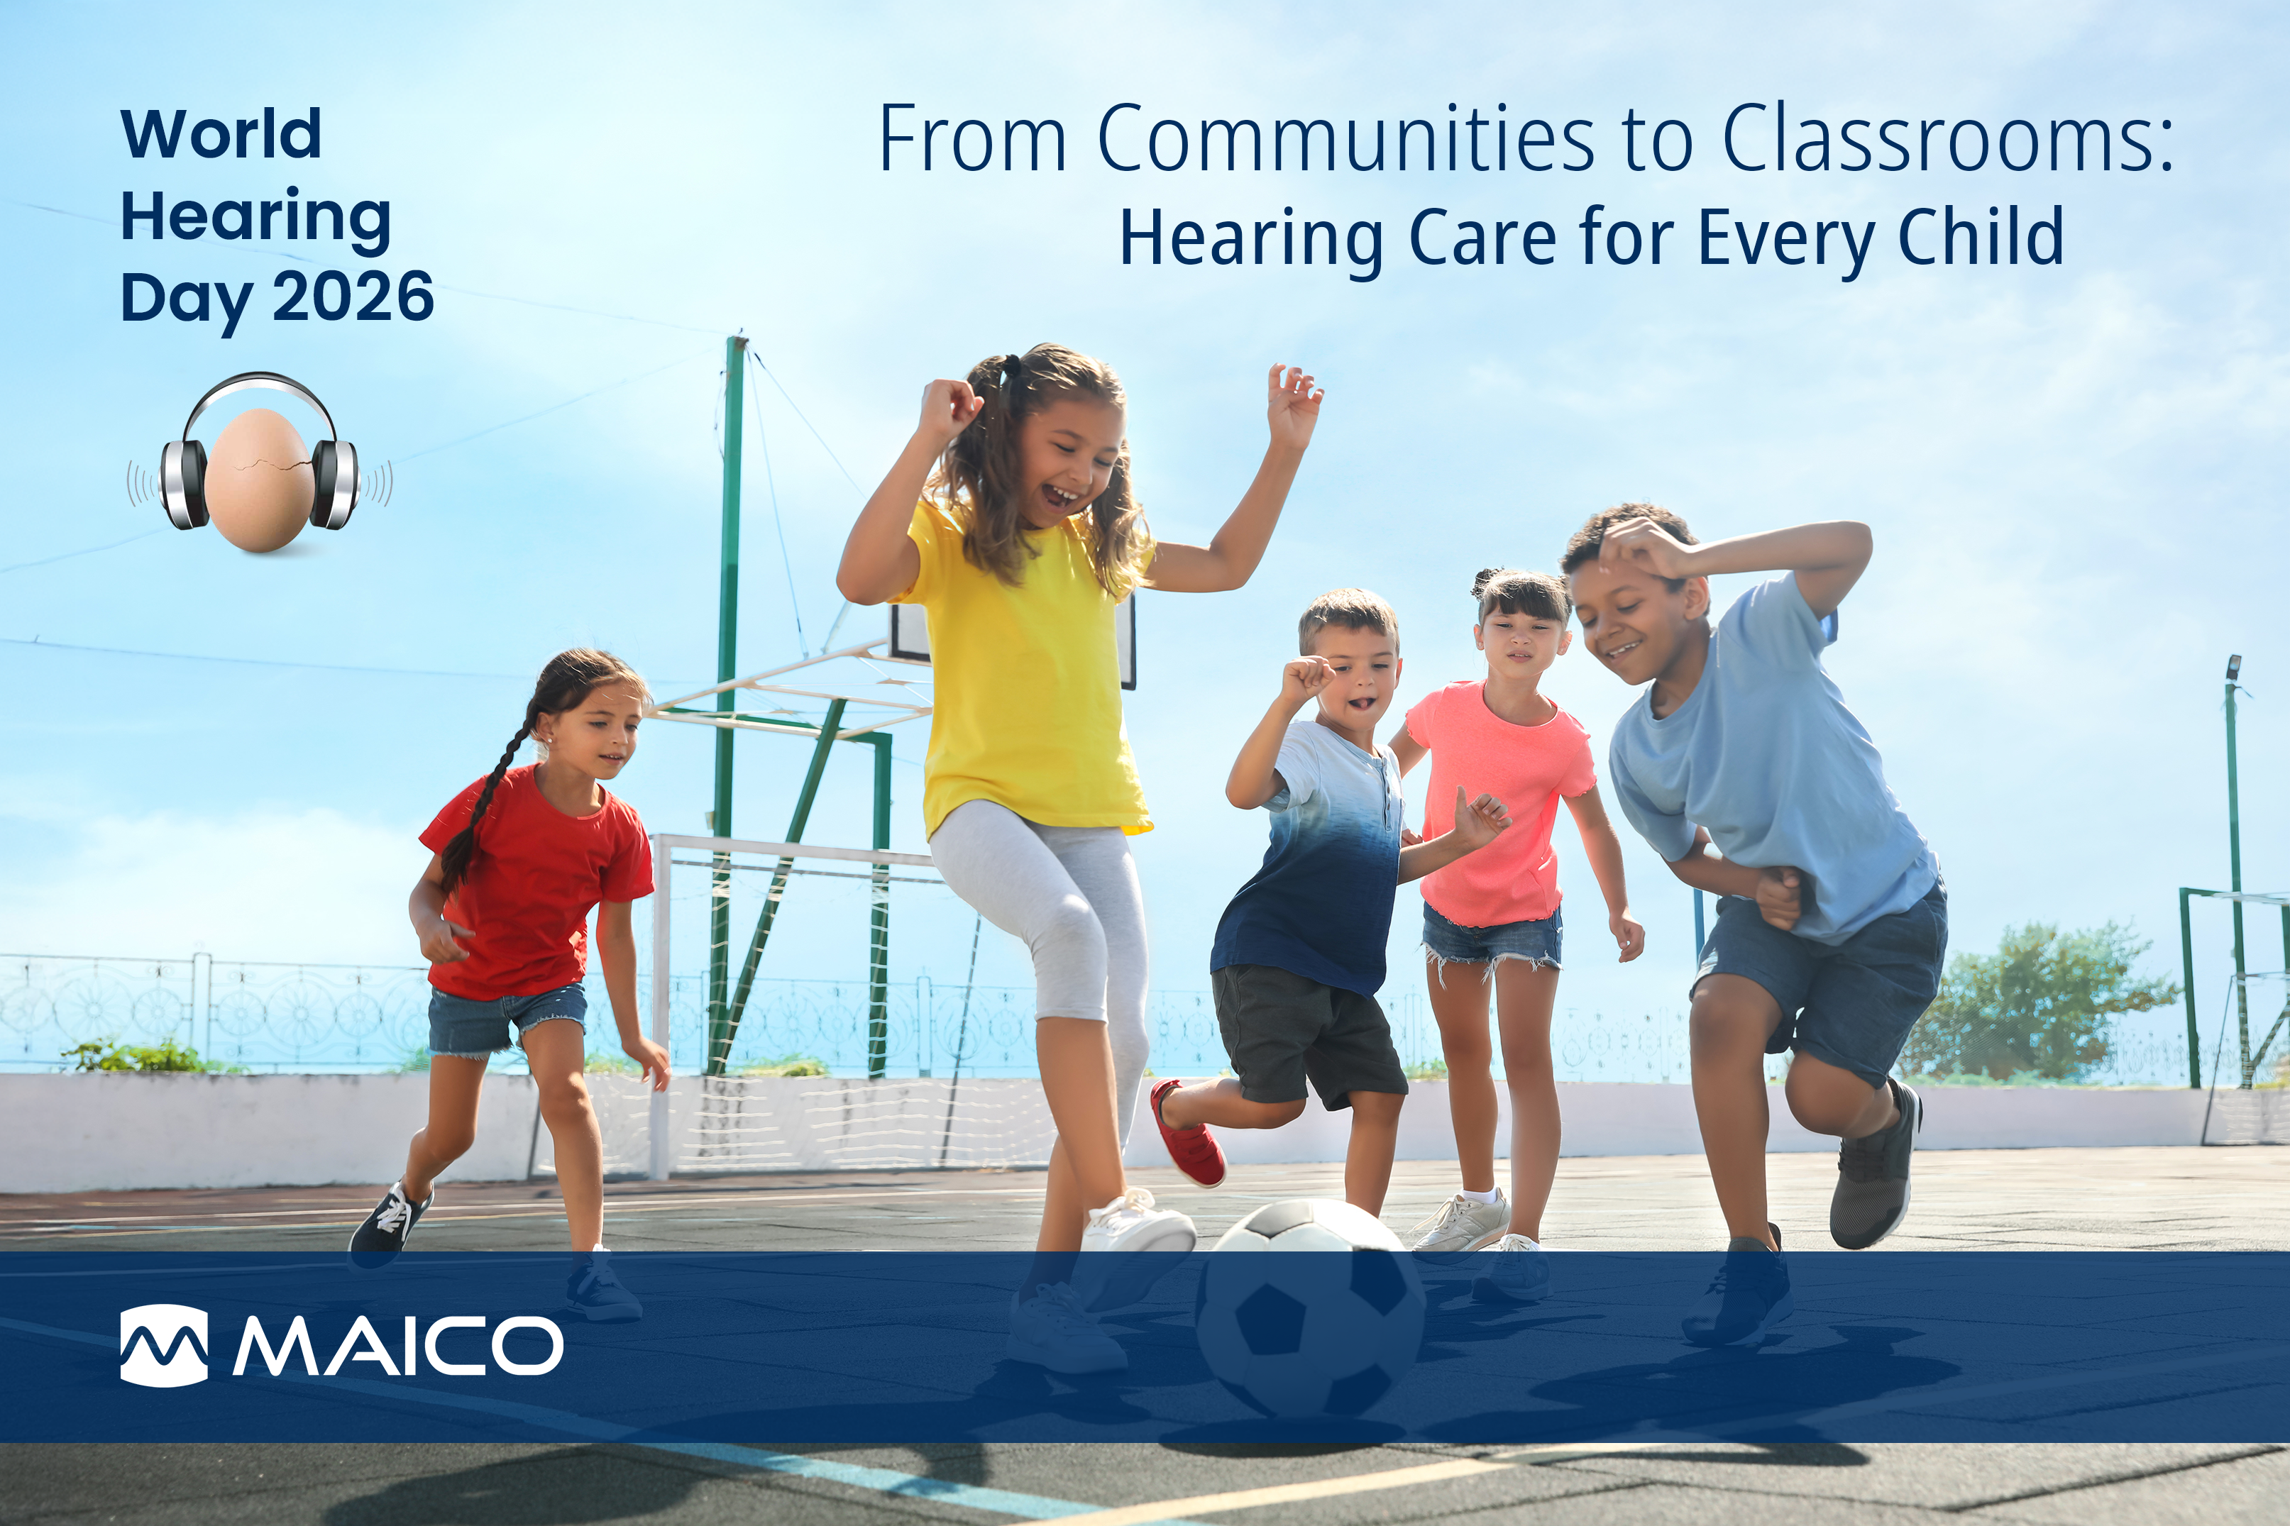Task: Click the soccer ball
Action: coord(1311,1310)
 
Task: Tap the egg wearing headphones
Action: coord(259,480)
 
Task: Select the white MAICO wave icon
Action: coord(163,1345)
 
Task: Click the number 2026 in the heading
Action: coord(353,296)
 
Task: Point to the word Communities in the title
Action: coord(1347,138)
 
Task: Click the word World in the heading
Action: coord(221,133)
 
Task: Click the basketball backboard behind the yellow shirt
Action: coord(1012,638)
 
